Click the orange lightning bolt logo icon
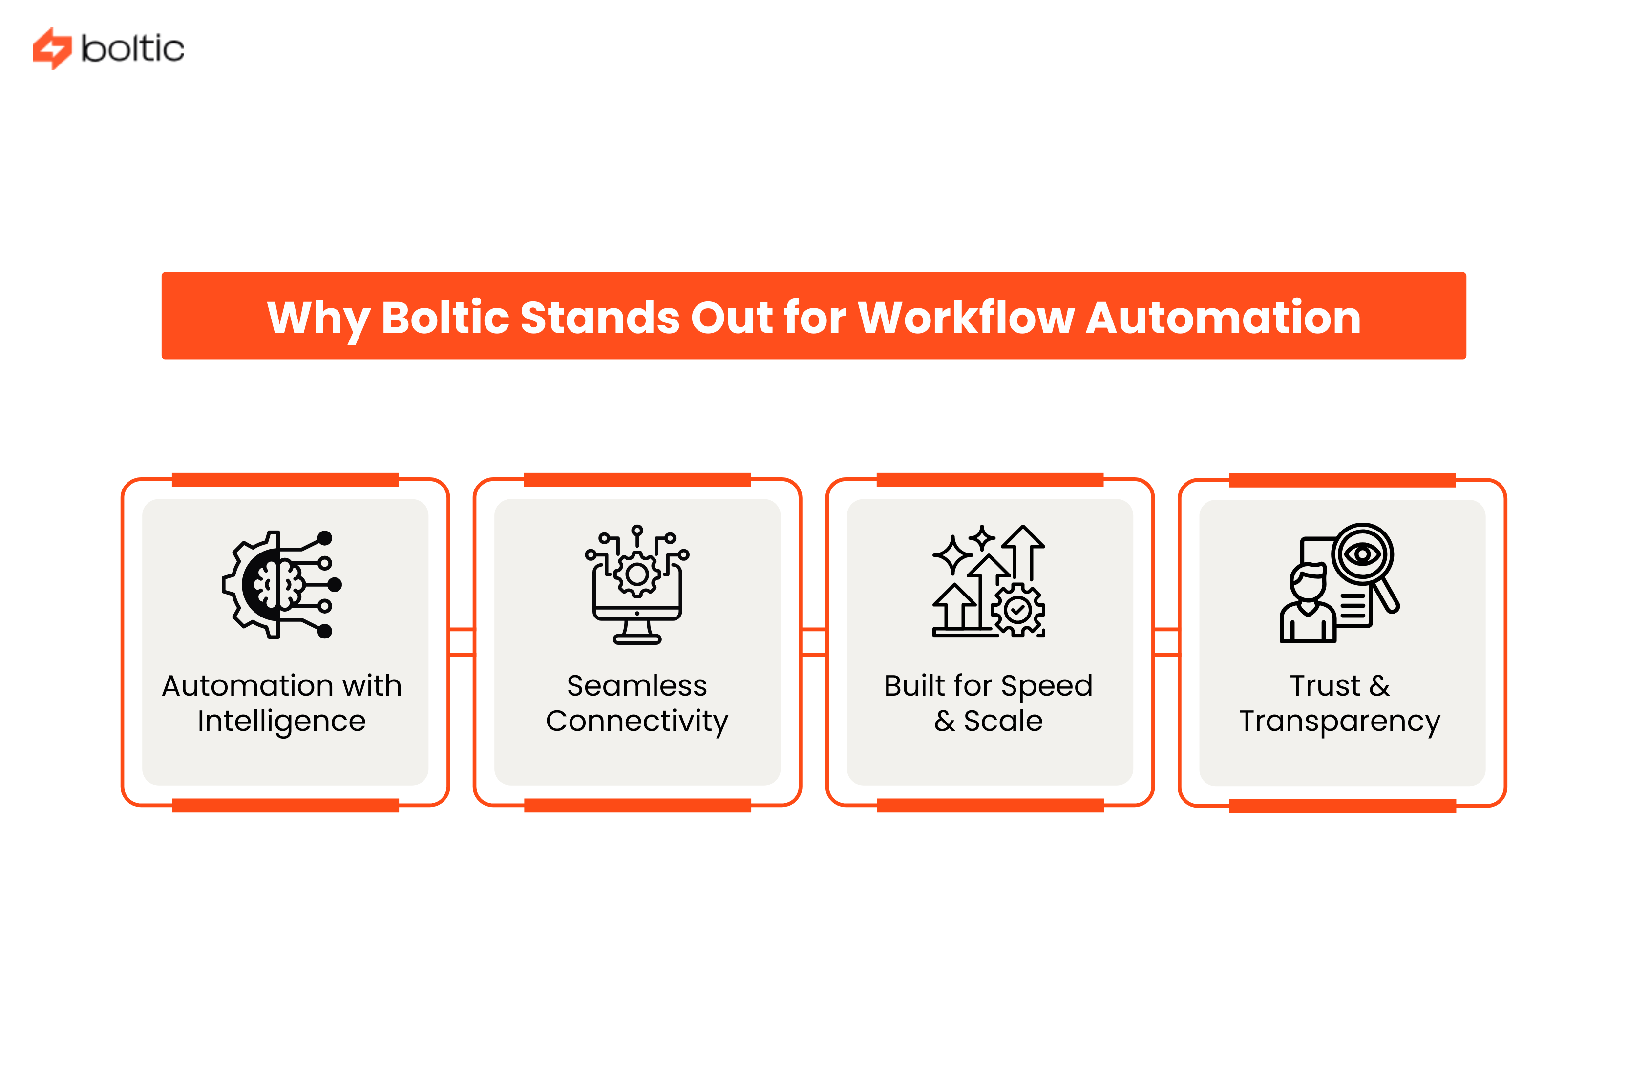pyautogui.click(x=52, y=48)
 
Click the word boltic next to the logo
pyautogui.click(x=132, y=48)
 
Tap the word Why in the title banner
pyautogui.click(x=317, y=319)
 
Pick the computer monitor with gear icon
pyautogui.click(x=636, y=585)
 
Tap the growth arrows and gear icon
pyautogui.click(x=988, y=581)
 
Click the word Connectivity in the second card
pyautogui.click(x=636, y=721)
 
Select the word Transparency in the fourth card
pyautogui.click(x=1339, y=722)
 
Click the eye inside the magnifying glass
pyautogui.click(x=1362, y=554)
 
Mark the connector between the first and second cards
pyautogui.click(x=461, y=641)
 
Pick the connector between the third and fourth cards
pyautogui.click(x=1166, y=641)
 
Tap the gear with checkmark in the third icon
pyautogui.click(x=1017, y=610)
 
